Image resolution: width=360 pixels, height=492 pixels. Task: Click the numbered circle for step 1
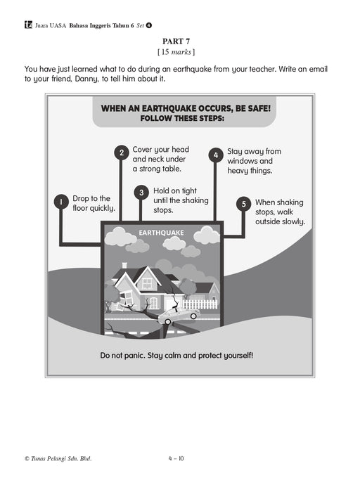[x=61, y=202]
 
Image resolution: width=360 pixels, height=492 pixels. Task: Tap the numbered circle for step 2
[x=122, y=153]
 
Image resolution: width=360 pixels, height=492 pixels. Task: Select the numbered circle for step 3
[x=141, y=193]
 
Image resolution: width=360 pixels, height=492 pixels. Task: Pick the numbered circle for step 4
[x=216, y=155]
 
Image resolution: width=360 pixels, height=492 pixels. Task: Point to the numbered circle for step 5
[x=243, y=205]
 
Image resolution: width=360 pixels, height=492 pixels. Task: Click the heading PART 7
[x=176, y=41]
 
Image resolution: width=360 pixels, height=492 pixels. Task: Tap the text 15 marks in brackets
[x=176, y=52]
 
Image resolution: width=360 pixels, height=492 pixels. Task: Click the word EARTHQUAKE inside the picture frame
[x=161, y=233]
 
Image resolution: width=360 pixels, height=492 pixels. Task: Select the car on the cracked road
[x=179, y=315]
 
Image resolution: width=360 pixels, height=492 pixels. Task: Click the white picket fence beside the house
[x=200, y=304]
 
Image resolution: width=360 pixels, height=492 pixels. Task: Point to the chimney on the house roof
[x=124, y=266]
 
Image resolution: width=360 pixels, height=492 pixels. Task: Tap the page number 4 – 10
[x=176, y=458]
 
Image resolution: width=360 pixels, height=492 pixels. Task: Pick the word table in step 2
[x=173, y=169]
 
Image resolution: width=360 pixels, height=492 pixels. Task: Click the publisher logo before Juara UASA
[x=28, y=25]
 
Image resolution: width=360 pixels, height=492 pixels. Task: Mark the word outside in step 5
[x=267, y=221]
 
